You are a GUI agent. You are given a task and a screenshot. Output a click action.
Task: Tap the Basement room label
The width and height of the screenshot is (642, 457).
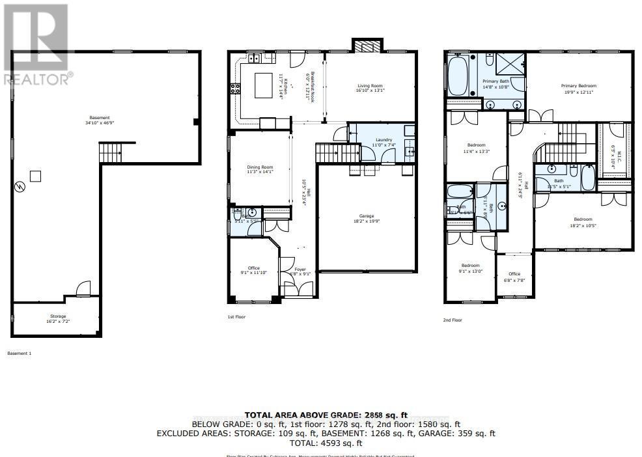96,120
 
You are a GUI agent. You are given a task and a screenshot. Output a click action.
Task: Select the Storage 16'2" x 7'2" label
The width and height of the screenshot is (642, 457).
56,319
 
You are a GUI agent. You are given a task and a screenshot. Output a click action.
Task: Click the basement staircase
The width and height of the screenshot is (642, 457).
109,154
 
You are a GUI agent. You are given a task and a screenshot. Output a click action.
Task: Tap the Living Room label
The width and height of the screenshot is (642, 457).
369,88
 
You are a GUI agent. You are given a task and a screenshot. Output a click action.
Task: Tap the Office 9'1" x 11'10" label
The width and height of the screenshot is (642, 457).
253,270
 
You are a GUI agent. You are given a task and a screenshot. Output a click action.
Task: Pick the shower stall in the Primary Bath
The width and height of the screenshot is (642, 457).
510,64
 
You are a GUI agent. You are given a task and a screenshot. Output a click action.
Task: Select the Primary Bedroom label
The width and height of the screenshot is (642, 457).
579,89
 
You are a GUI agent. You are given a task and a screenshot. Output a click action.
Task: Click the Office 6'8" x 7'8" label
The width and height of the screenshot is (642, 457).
514,276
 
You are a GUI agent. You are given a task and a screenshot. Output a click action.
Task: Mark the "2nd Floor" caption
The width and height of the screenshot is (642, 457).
452,320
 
